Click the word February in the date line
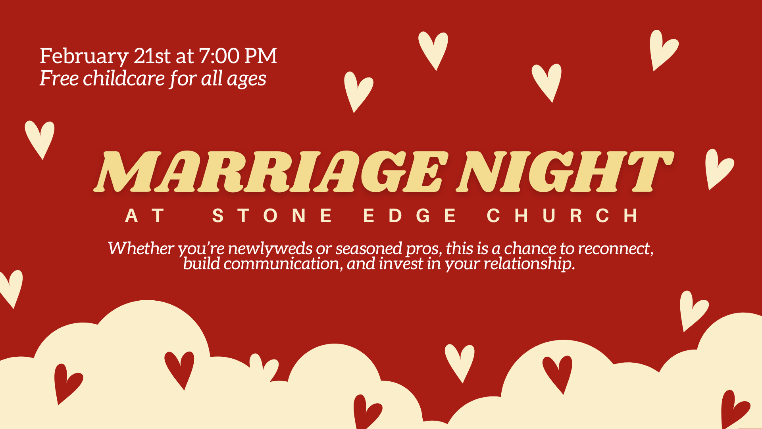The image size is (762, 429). click(x=84, y=56)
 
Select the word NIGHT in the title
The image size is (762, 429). click(x=566, y=172)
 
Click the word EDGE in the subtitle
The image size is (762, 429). click(x=410, y=216)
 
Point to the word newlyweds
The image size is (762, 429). click(x=270, y=249)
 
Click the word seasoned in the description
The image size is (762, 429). click(x=369, y=249)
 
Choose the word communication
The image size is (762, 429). click(x=281, y=264)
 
